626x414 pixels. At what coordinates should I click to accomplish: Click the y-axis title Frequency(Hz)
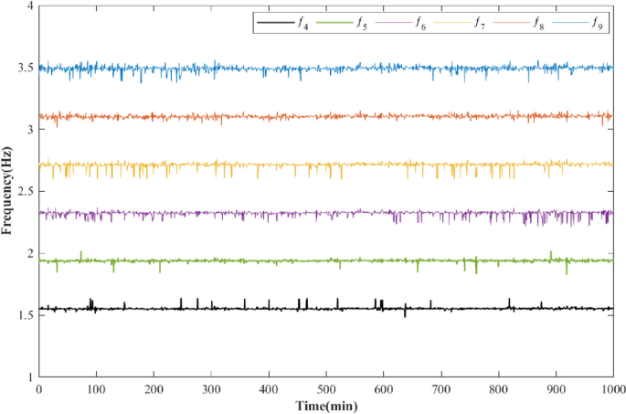pyautogui.click(x=8, y=191)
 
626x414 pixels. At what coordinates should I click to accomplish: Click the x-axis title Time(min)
pyautogui.click(x=324, y=405)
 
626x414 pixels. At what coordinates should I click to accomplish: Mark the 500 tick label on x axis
pyautogui.click(x=326, y=388)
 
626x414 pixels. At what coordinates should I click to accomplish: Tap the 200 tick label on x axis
pyautogui.click(x=154, y=388)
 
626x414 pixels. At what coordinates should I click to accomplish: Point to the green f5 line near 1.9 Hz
pyautogui.click(x=274, y=260)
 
